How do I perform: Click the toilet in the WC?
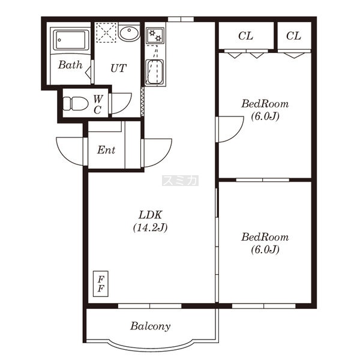(x=76, y=103)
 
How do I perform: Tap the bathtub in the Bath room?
(x=70, y=40)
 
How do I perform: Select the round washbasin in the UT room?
(x=129, y=33)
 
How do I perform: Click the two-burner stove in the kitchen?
(x=155, y=35)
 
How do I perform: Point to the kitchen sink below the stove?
(x=155, y=73)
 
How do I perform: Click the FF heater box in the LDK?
(x=101, y=284)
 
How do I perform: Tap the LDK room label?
(x=151, y=215)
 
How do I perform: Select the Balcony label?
(x=151, y=326)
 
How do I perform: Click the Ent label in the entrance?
(x=106, y=150)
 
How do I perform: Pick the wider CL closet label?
(x=245, y=36)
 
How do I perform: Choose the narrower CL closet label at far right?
(x=293, y=36)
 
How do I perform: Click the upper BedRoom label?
(x=265, y=104)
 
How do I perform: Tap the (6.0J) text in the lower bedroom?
(x=265, y=250)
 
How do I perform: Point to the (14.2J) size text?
(x=151, y=227)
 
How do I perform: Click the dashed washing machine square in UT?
(x=106, y=32)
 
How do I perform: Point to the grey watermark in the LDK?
(x=180, y=181)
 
